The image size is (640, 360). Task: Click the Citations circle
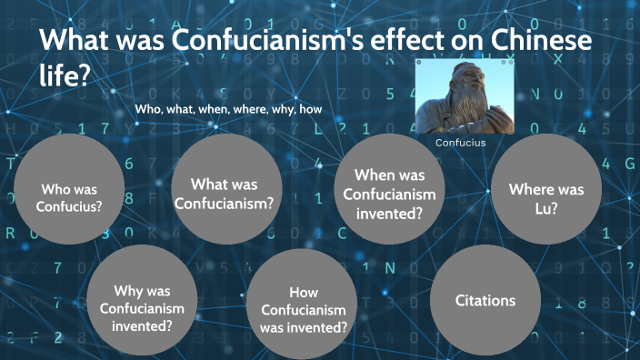coord(485,300)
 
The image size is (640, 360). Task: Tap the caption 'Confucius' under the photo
coord(460,143)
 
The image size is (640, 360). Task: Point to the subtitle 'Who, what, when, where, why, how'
coord(228,109)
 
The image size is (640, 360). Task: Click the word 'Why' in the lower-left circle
coord(129,291)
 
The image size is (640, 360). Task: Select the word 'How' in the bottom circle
coord(304,292)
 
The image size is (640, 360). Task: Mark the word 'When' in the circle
coord(373,175)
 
